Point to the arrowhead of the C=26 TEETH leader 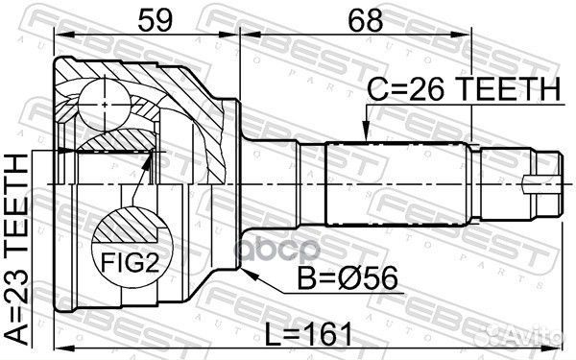[x=364, y=137]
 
